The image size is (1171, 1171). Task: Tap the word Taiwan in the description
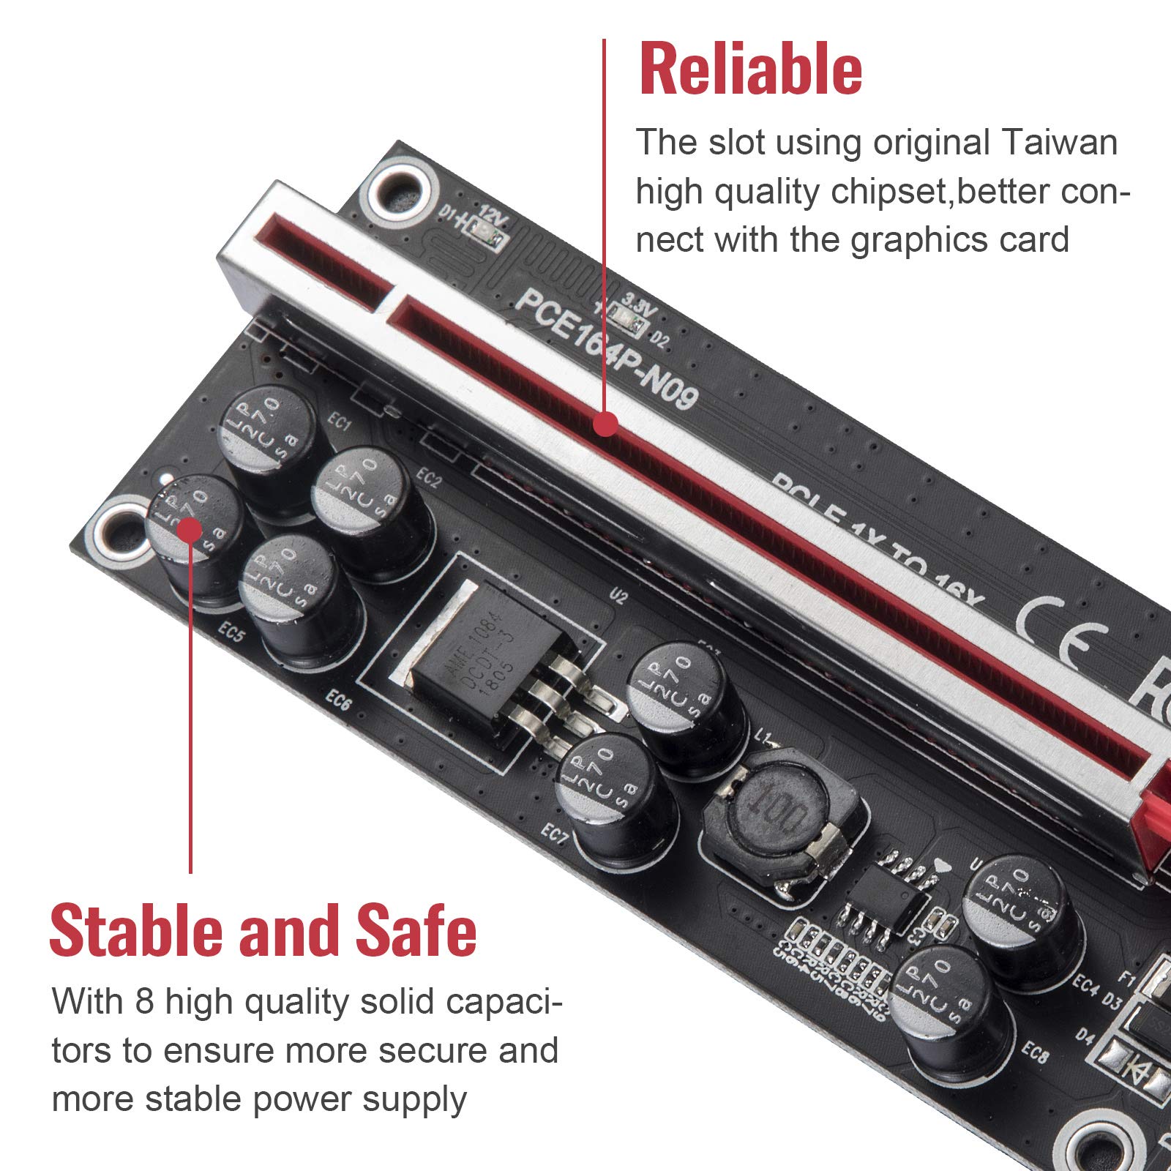(x=1059, y=142)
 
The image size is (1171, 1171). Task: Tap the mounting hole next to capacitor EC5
(x=117, y=531)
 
